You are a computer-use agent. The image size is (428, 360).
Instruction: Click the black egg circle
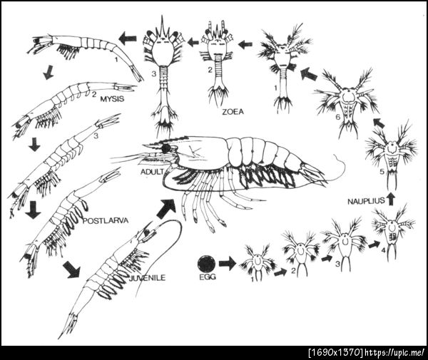207,264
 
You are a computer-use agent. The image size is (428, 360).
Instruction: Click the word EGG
207,277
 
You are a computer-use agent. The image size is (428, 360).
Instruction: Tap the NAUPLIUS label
366,201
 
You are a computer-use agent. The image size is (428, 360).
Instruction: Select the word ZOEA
233,112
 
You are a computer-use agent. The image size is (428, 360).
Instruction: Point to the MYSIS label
112,98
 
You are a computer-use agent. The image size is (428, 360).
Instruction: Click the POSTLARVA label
106,220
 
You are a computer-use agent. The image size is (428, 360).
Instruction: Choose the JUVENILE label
148,277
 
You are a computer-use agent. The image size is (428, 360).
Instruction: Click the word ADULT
152,172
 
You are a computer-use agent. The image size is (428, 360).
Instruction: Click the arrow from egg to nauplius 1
227,264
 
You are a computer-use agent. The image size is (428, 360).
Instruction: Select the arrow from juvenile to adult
166,208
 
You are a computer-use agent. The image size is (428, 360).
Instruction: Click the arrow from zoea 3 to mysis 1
128,38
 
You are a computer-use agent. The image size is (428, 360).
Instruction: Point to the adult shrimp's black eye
165,149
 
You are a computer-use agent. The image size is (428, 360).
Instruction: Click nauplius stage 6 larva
345,102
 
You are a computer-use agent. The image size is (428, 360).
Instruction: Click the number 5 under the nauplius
382,172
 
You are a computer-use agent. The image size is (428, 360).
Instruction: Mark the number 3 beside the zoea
153,73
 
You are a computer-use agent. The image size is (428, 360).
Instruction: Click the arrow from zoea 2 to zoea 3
193,42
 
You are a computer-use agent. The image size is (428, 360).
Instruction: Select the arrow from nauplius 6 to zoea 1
309,73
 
